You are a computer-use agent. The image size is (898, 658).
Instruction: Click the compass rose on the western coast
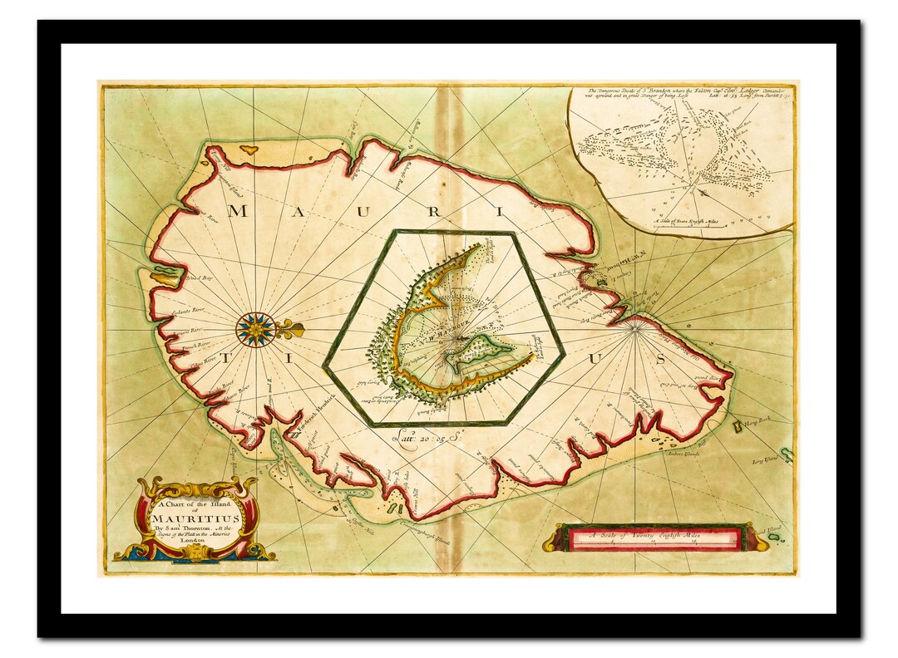pyautogui.click(x=255, y=330)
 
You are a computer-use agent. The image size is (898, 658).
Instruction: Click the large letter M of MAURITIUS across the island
pyautogui.click(x=238, y=210)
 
